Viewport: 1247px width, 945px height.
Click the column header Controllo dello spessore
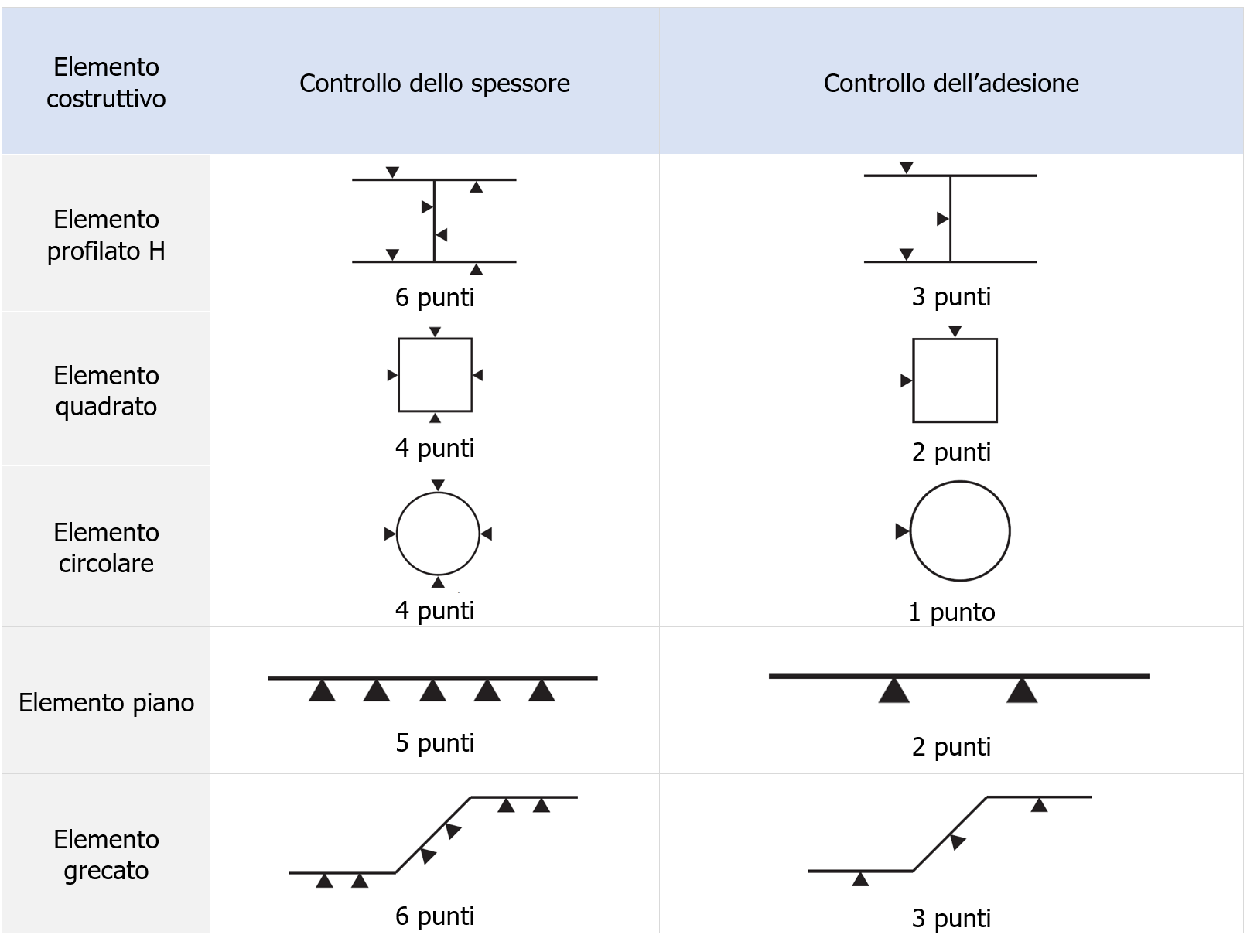(x=434, y=83)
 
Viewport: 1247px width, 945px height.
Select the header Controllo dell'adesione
(x=951, y=83)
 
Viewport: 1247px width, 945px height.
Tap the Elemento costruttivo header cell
(x=106, y=83)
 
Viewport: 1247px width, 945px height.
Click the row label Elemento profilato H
(x=106, y=235)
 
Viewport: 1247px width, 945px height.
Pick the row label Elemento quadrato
(x=106, y=391)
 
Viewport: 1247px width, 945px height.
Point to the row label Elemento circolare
(x=106, y=548)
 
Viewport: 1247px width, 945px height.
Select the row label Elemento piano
(x=106, y=702)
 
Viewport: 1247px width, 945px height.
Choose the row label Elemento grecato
(x=106, y=855)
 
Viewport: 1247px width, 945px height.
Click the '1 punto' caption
(x=951, y=612)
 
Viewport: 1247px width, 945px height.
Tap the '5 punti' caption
(x=434, y=742)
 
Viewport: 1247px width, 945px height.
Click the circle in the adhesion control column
(x=959, y=531)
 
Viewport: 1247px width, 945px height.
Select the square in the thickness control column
(x=435, y=375)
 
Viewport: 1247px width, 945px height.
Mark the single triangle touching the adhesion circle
(x=902, y=531)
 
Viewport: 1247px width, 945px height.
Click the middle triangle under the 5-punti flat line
(x=432, y=691)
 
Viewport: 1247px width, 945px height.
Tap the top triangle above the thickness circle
(x=438, y=485)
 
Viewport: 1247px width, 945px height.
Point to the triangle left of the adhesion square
(x=907, y=380)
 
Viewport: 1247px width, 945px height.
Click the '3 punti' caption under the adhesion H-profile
(x=951, y=297)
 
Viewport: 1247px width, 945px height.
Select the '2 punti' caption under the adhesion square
(x=951, y=452)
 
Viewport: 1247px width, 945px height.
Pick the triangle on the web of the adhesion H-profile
(x=942, y=219)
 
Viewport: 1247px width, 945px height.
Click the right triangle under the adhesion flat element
(x=1021, y=691)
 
